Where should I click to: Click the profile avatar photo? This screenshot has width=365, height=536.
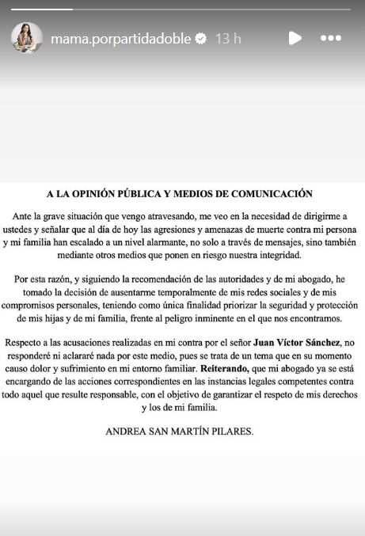pyautogui.click(x=27, y=37)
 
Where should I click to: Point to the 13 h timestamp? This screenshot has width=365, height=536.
pyautogui.click(x=228, y=38)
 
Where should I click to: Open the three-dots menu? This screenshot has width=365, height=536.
pyautogui.click(x=331, y=38)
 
